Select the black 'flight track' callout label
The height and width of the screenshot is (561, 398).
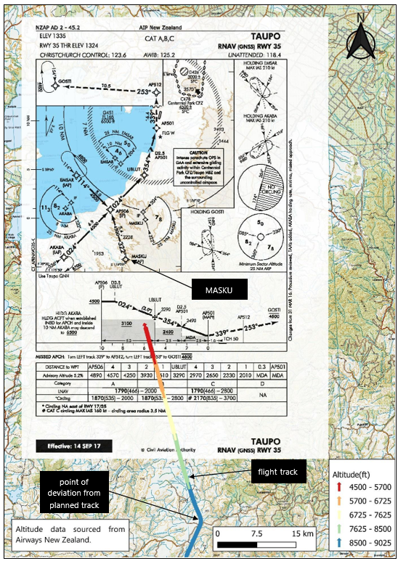(279, 473)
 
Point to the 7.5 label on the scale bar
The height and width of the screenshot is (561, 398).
(257, 534)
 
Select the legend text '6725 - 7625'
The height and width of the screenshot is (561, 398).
(373, 515)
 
